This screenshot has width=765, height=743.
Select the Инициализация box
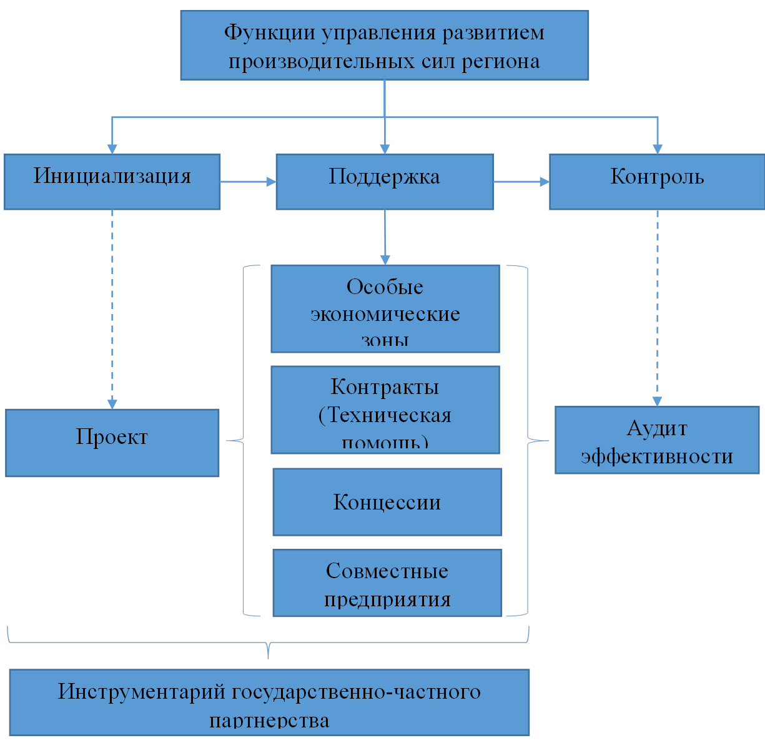(112, 181)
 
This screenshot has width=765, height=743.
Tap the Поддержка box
(385, 181)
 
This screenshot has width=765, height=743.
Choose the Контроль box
(657, 181)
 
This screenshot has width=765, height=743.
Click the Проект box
(112, 442)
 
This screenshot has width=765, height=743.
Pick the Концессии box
(387, 502)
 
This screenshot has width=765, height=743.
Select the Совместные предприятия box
(387, 583)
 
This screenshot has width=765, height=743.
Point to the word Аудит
(657, 428)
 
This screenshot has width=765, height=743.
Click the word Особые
(385, 287)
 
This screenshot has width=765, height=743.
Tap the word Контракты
(385, 387)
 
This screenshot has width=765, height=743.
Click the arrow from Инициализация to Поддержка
(248, 181)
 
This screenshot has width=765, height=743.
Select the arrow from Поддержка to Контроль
(521, 181)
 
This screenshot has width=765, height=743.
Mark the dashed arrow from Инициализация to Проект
(112, 309)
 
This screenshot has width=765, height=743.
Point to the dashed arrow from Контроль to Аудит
(658, 308)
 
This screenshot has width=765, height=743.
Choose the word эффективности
(657, 456)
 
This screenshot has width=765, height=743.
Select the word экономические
(385, 314)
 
